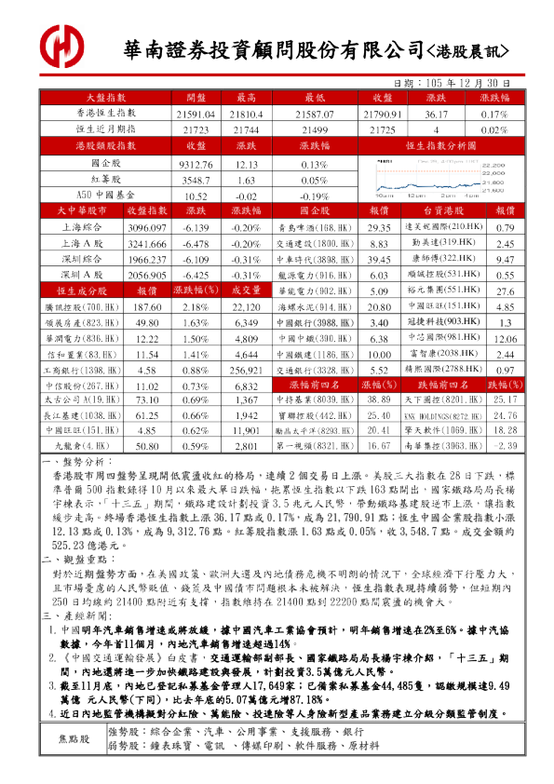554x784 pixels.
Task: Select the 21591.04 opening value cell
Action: [x=196, y=114]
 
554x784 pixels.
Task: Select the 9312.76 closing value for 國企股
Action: [x=196, y=164]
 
